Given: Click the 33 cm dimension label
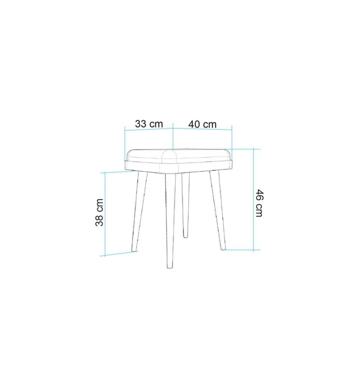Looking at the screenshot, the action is (x=149, y=124).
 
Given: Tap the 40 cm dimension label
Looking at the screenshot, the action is (x=203, y=124).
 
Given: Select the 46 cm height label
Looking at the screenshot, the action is (x=259, y=203).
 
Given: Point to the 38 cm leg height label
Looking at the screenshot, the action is (x=99, y=212).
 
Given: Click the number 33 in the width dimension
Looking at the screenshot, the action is (x=141, y=124).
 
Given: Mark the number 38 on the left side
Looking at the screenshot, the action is (x=99, y=220).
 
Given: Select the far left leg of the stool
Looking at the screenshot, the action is (x=139, y=211).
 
